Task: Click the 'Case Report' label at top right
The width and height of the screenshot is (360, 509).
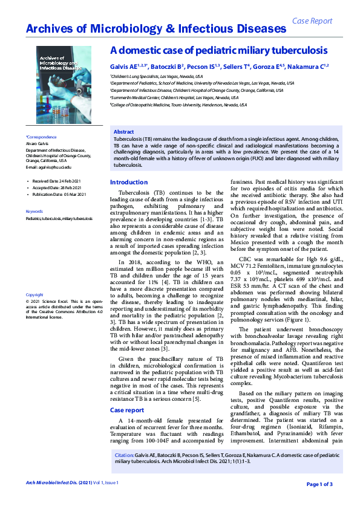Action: [x=312, y=21]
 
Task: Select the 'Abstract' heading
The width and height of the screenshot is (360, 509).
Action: [x=124, y=132]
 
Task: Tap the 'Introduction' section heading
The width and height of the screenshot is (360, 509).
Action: [x=128, y=182]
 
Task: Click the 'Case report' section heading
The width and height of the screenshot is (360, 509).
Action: [x=126, y=410]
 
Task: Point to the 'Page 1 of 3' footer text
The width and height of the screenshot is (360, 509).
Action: [x=319, y=484]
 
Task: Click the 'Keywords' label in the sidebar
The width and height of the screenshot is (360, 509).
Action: [x=35, y=211]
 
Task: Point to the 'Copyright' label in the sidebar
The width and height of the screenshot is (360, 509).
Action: [x=35, y=294]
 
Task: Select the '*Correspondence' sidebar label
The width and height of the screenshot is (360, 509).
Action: [x=41, y=137]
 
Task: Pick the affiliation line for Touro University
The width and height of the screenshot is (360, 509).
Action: [x=178, y=105]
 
